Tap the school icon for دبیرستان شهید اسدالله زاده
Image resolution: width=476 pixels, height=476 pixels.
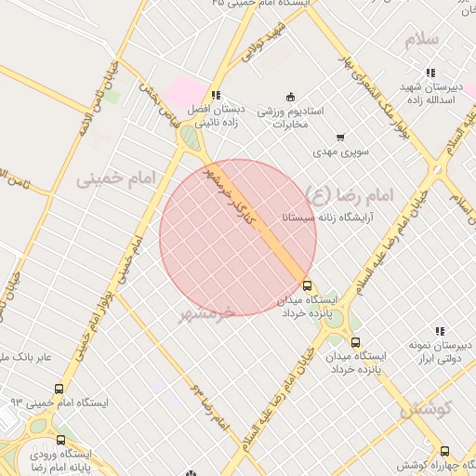click(x=430, y=73)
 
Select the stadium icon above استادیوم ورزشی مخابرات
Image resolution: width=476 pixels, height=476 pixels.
click(x=290, y=96)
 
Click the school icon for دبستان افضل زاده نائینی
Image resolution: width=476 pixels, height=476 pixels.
click(x=216, y=95)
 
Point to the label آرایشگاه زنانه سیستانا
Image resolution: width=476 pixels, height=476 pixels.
click(x=324, y=218)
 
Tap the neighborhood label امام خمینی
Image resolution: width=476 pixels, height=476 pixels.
click(x=112, y=176)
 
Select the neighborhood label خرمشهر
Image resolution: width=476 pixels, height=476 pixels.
click(x=206, y=313)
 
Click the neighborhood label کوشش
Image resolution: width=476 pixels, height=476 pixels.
click(x=427, y=408)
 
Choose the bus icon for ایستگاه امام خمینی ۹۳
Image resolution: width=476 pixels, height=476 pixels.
click(x=60, y=389)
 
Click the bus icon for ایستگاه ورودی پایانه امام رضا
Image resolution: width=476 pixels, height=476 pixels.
click(x=61, y=440)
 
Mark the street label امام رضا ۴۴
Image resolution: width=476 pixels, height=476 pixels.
click(x=209, y=404)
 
